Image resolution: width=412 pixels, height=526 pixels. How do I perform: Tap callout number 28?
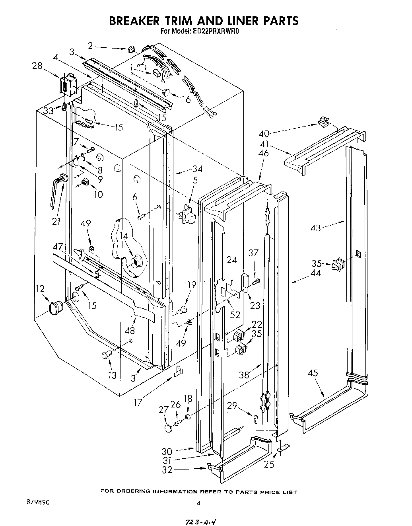click(37, 66)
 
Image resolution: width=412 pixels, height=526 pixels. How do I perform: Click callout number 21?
click(56, 221)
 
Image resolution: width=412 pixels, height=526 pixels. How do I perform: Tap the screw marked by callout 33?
click(64, 107)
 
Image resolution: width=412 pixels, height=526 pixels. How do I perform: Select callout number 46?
click(263, 153)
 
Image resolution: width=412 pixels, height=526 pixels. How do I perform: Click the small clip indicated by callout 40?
click(323, 121)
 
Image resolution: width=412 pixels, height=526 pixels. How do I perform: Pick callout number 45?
click(313, 373)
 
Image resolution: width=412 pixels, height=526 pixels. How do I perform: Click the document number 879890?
click(36, 502)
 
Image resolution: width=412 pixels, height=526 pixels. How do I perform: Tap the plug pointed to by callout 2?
click(131, 50)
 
